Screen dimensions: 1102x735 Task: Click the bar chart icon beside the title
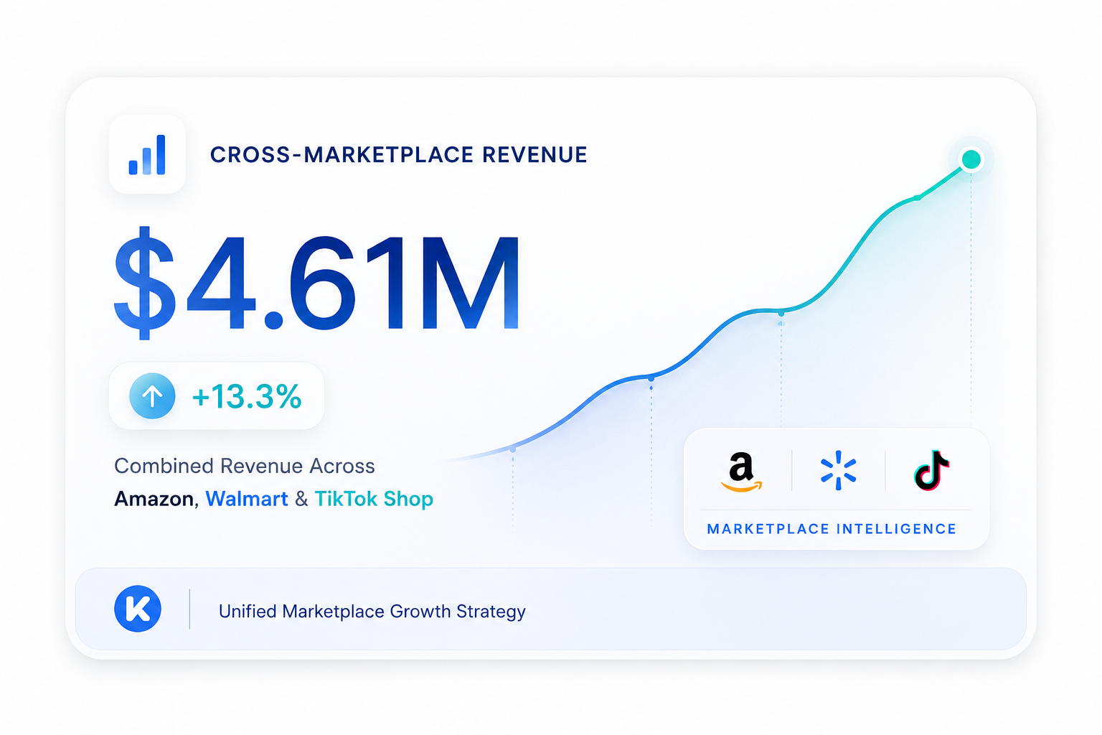pyautogui.click(x=147, y=154)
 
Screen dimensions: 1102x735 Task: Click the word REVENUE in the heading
pyautogui.click(x=534, y=154)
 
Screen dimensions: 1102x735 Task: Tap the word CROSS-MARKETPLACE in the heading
pyautogui.click(x=342, y=154)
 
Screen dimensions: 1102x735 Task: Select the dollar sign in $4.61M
pyautogui.click(x=145, y=283)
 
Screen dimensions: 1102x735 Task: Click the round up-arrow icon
pyautogui.click(x=152, y=395)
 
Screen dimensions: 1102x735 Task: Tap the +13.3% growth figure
pyautogui.click(x=247, y=396)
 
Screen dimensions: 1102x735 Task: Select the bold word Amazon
pyautogui.click(x=154, y=499)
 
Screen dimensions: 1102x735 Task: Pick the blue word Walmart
pyautogui.click(x=247, y=499)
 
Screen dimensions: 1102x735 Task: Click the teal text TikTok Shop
pyautogui.click(x=374, y=499)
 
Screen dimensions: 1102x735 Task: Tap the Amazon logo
pyautogui.click(x=741, y=472)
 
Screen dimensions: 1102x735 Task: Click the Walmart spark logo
pyautogui.click(x=838, y=470)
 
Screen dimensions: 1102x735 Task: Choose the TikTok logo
pyautogui.click(x=931, y=470)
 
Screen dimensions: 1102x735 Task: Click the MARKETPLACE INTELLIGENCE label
pyautogui.click(x=832, y=529)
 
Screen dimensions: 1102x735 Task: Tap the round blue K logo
pyautogui.click(x=138, y=609)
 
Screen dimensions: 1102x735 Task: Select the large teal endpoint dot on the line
pyautogui.click(x=971, y=159)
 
